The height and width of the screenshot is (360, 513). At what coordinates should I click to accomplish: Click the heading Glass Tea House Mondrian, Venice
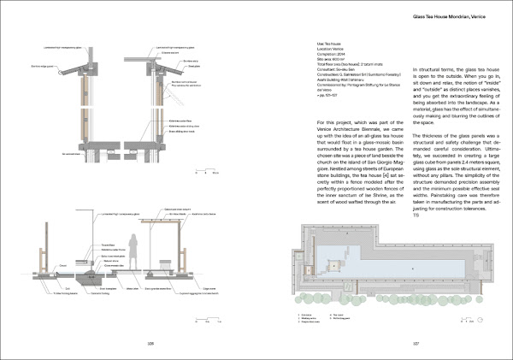click(x=443, y=16)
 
